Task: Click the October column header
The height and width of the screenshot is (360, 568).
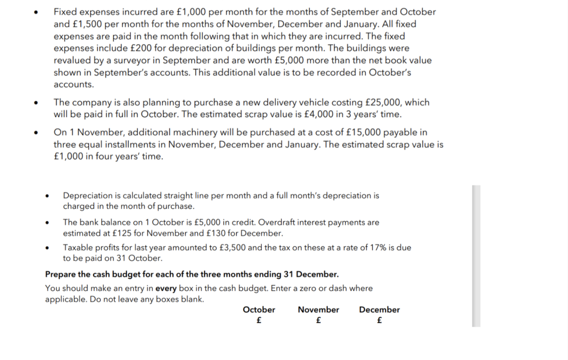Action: [259, 310]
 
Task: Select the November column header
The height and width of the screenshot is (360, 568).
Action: [318, 310]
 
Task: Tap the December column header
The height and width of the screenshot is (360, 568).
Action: [379, 310]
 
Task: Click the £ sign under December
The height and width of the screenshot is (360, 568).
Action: [379, 320]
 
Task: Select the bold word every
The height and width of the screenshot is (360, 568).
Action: [166, 288]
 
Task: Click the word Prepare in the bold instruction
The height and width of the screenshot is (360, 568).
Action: [60, 274]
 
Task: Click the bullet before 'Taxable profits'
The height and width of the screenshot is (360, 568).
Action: [47, 248]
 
